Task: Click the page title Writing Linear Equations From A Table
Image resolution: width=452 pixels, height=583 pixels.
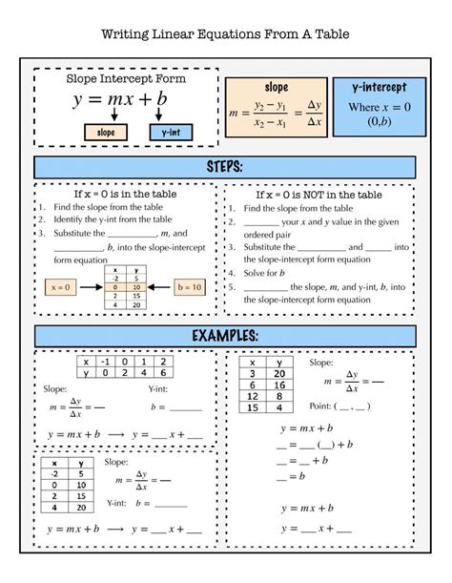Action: [225, 35]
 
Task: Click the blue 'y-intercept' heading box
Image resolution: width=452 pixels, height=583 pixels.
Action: [375, 87]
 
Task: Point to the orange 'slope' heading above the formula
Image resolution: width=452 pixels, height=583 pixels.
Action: [276, 87]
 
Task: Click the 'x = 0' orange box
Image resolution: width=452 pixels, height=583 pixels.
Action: [62, 285]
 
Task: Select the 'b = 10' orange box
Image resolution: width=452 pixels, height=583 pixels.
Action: [191, 285]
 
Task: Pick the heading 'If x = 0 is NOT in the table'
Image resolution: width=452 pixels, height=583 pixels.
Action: [318, 194]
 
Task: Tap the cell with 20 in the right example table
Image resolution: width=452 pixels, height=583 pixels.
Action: [280, 374]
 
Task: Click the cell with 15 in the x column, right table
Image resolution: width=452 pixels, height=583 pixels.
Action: [253, 407]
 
